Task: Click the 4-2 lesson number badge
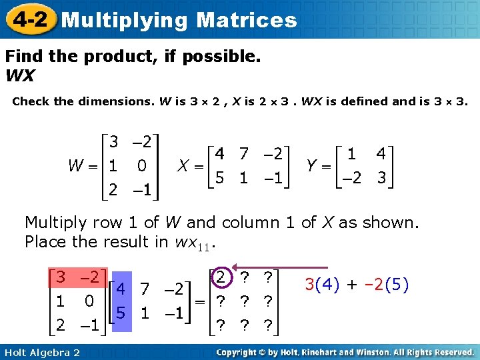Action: coord(29,19)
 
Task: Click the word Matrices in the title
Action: coord(247,20)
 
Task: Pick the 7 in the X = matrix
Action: coord(245,153)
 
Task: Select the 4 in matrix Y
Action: coord(381,153)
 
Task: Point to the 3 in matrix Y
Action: coord(381,179)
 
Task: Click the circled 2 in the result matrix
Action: coord(221,276)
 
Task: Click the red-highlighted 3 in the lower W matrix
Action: coord(60,277)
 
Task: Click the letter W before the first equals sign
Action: coord(76,164)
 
